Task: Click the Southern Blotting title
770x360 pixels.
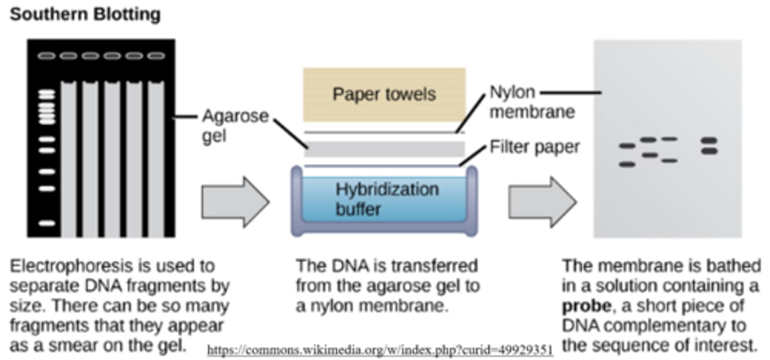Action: [x=85, y=14]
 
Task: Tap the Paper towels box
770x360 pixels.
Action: [x=384, y=95]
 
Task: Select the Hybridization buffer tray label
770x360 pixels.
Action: [x=387, y=198]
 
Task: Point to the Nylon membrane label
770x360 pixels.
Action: [x=532, y=102]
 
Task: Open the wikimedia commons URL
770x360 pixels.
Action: [x=380, y=350]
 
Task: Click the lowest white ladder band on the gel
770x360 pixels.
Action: [x=47, y=223]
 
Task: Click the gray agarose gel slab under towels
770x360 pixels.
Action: [x=384, y=149]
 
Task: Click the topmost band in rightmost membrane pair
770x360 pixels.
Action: [x=709, y=141]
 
